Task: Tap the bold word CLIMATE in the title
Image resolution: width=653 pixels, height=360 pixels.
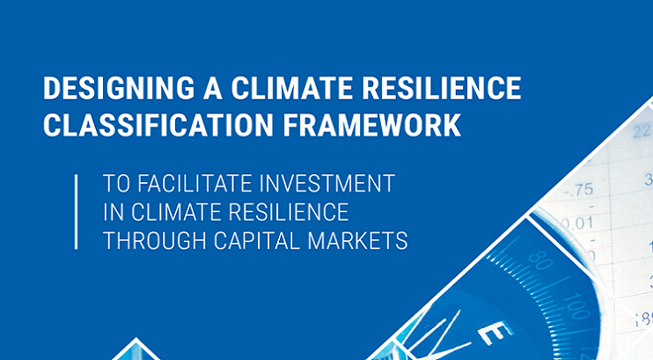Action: pyautogui.click(x=291, y=88)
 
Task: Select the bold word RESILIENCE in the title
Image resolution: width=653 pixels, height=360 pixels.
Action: pyautogui.click(x=442, y=88)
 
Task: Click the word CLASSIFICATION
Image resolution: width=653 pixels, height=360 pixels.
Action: pyautogui.click(x=158, y=125)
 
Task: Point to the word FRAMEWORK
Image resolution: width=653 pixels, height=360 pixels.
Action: pyautogui.click(x=372, y=125)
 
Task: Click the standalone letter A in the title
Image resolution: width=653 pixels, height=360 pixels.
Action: pyautogui.click(x=213, y=88)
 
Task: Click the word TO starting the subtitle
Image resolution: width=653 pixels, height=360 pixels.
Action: pyautogui.click(x=116, y=183)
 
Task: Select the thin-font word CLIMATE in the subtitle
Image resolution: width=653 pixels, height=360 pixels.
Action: pyautogui.click(x=179, y=212)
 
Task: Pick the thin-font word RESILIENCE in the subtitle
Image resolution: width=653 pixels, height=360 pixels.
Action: pyautogui.click(x=289, y=212)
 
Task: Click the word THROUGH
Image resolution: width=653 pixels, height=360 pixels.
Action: pyautogui.click(x=155, y=241)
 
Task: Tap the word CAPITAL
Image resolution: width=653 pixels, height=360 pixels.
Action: pyautogui.click(x=257, y=241)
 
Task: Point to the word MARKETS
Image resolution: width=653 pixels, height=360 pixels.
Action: pyautogui.click(x=357, y=241)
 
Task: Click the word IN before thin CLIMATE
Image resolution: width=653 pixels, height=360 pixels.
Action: pyautogui.click(x=114, y=212)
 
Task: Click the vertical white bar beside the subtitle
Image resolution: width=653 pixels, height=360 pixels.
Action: pyautogui.click(x=77, y=212)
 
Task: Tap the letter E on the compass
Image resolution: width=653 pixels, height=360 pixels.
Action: pyautogui.click(x=495, y=333)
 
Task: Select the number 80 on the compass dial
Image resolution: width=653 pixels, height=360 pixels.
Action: pyautogui.click(x=540, y=261)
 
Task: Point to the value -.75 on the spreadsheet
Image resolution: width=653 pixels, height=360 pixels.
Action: pyautogui.click(x=578, y=190)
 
